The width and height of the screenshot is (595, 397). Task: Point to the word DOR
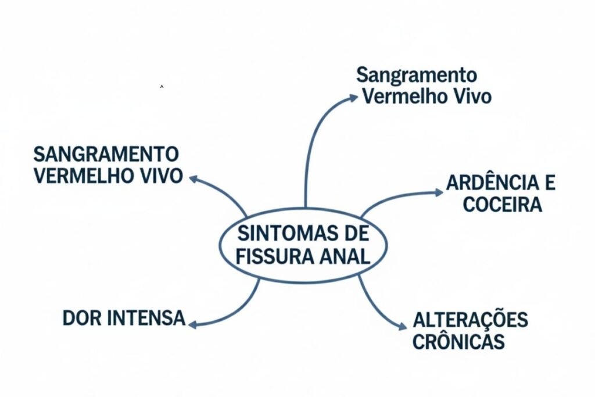[82, 319]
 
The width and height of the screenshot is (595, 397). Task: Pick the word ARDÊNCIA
[492, 183]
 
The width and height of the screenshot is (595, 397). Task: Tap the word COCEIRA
[503, 205]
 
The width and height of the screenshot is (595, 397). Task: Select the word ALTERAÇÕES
[471, 320]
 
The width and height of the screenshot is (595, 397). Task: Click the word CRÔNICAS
[459, 342]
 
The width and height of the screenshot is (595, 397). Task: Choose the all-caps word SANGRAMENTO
[106, 154]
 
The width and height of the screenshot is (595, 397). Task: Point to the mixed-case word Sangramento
[417, 75]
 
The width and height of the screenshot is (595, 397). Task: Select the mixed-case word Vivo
[471, 96]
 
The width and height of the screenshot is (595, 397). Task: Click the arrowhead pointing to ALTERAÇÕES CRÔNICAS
[402, 327]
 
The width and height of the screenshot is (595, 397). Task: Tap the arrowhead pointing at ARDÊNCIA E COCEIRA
[439, 192]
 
